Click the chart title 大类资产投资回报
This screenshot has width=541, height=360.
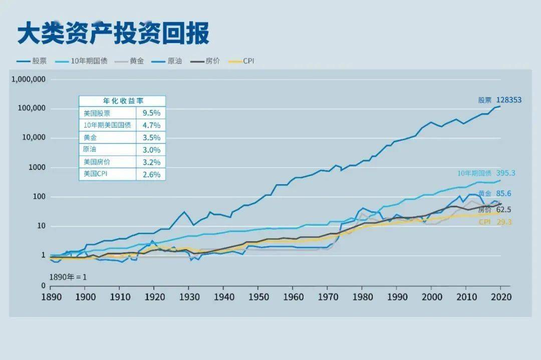(113, 33)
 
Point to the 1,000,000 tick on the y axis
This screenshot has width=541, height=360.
(28, 79)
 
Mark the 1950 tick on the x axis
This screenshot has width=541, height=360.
(258, 296)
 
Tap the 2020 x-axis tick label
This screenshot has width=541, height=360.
(500, 296)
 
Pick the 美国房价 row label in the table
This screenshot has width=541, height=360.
(97, 162)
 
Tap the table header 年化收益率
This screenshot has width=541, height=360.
(122, 101)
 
